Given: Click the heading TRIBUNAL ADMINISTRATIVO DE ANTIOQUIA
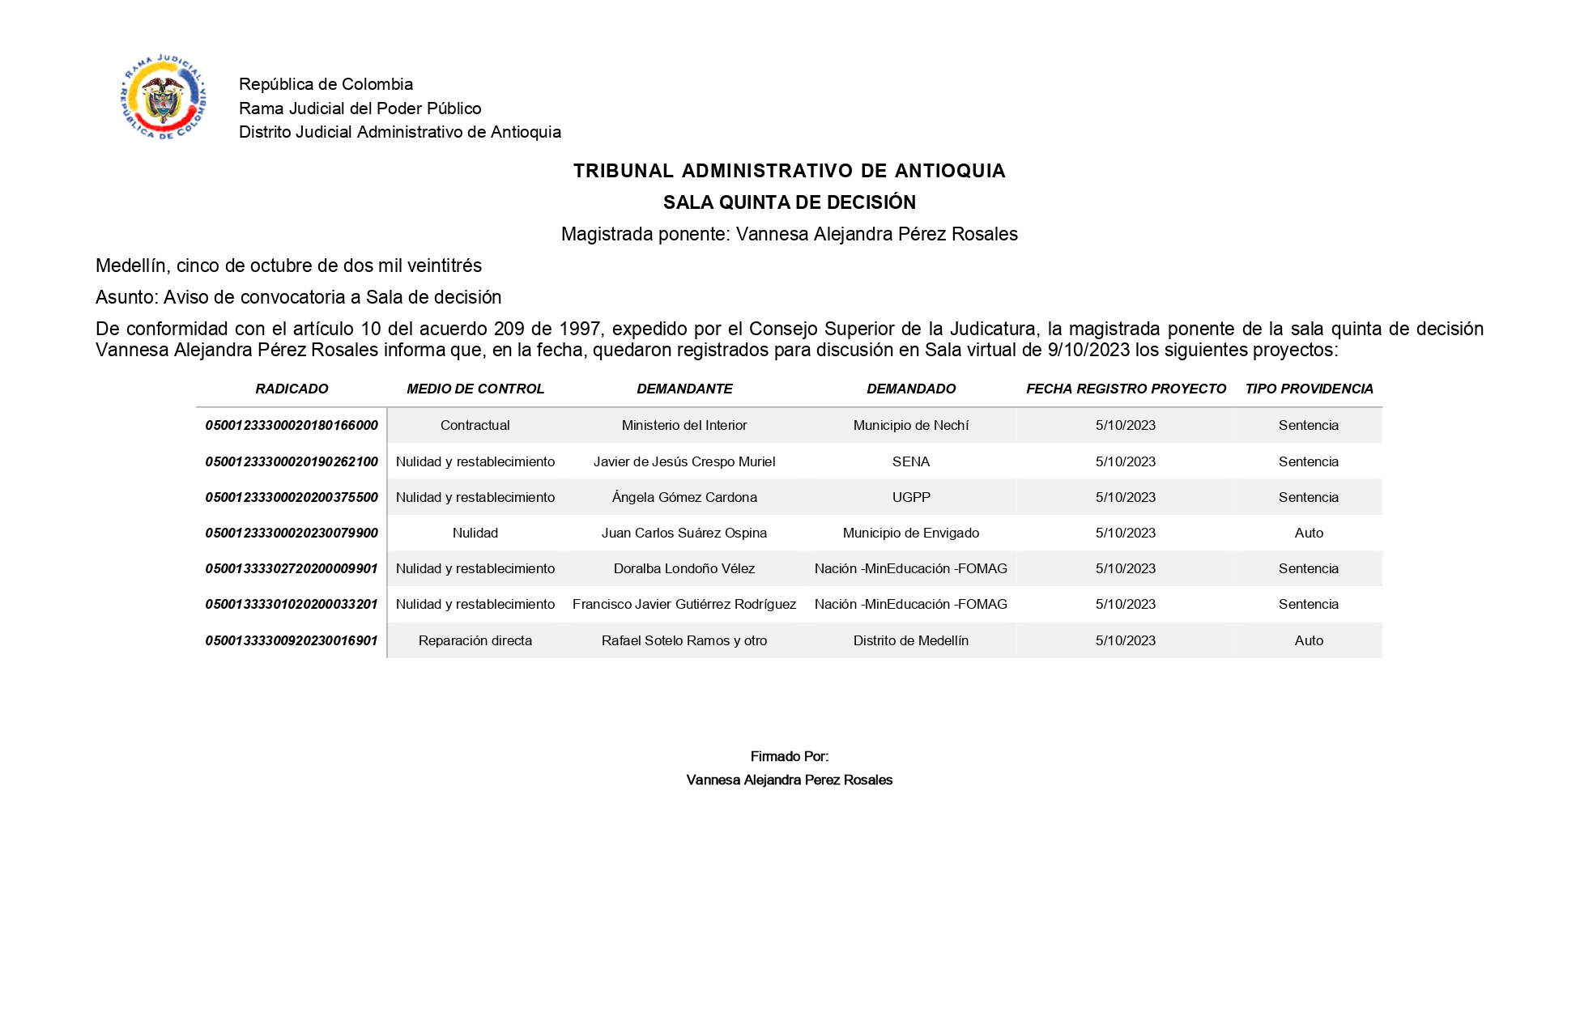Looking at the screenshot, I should (x=789, y=171).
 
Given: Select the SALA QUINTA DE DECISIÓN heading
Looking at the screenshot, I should (x=789, y=202).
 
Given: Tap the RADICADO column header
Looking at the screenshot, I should (x=292, y=389).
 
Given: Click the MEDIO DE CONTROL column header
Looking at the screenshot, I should (x=475, y=389).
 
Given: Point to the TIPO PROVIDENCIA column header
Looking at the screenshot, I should (x=1309, y=389).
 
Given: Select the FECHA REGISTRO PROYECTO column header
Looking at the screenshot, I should (x=1126, y=389).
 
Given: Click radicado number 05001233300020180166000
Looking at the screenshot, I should (x=292, y=426).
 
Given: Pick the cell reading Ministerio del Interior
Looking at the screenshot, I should (x=684, y=426).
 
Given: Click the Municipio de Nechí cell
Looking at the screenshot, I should (x=910, y=426).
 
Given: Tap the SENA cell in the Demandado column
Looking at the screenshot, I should (x=910, y=461).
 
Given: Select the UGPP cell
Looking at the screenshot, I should (x=910, y=497).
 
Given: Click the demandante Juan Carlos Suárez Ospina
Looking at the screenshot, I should (x=684, y=533).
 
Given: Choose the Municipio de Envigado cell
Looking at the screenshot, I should (x=910, y=533).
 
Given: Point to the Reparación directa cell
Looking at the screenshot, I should (x=475, y=640).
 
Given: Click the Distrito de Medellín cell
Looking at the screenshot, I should (x=910, y=640).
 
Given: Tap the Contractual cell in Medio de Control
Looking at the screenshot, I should (x=475, y=426).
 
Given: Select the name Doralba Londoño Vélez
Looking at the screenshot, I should (x=684, y=568).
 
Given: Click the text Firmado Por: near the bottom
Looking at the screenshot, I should (x=789, y=756).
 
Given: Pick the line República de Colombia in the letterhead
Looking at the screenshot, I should (x=326, y=84).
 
